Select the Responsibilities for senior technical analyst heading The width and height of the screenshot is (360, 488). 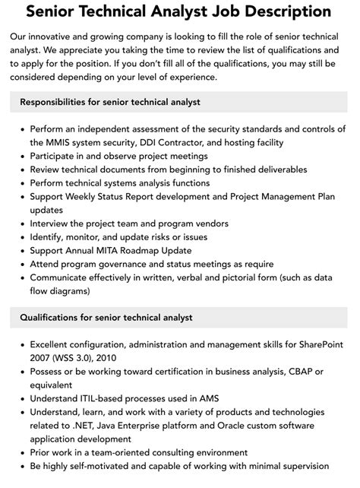[x=110, y=101]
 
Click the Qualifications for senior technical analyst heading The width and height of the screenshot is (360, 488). [x=106, y=317]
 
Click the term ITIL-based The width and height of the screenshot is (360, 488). [x=112, y=399]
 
